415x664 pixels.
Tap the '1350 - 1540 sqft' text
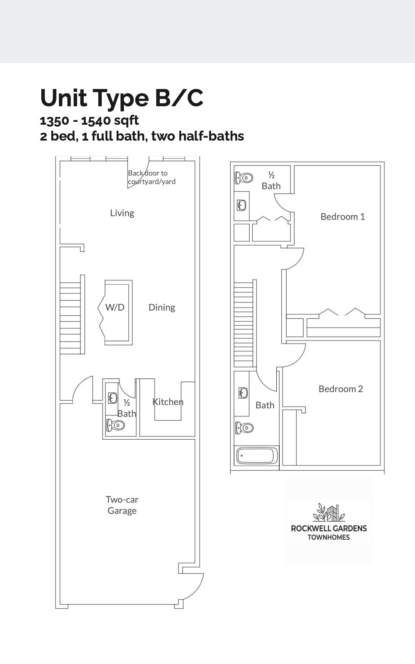89,120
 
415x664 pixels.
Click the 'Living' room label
122,213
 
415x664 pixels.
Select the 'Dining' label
162,307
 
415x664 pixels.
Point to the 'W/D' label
115,307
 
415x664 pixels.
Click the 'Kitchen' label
168,402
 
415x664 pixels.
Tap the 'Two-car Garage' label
122,505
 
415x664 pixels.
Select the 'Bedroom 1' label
343,217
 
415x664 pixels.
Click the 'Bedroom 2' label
341,389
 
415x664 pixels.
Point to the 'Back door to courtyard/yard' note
152,177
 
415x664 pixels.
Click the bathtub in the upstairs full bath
257,457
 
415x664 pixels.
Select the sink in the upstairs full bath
242,393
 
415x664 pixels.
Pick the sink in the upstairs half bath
242,205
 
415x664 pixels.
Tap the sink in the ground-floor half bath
113,398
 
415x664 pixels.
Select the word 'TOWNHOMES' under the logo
329,537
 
